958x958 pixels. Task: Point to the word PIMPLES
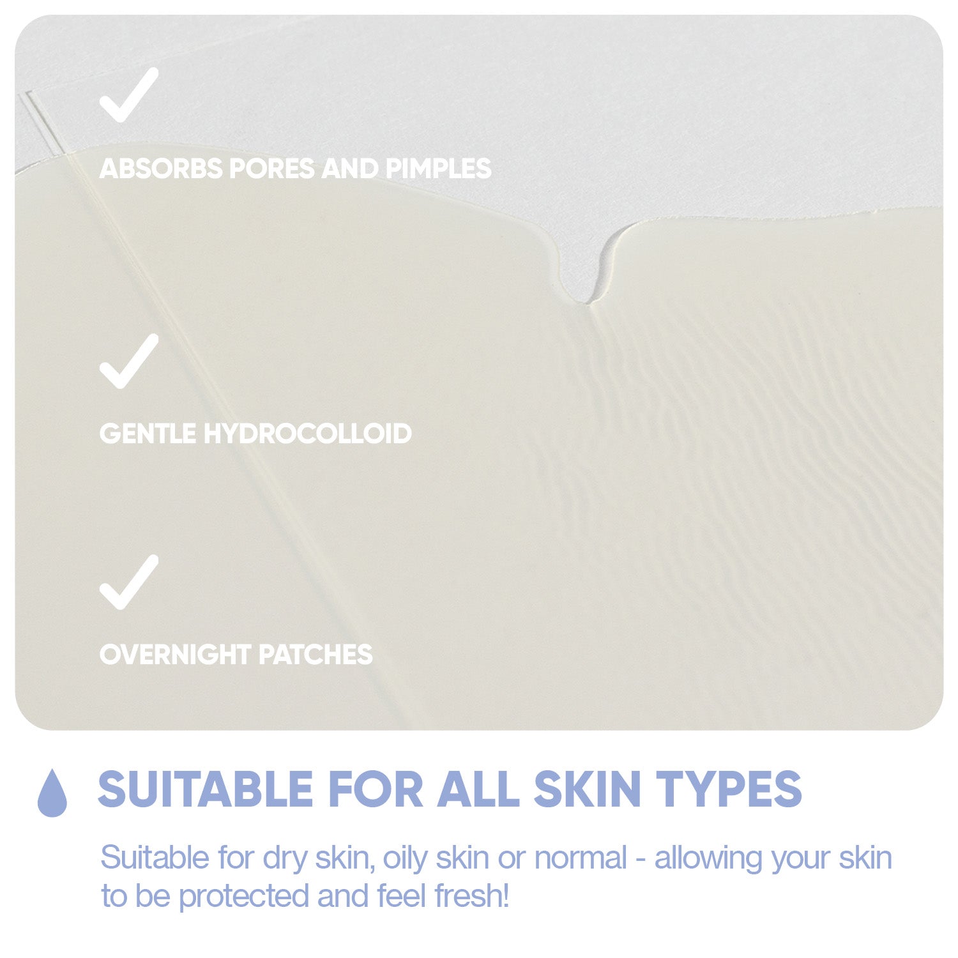438,169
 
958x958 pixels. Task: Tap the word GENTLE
148,434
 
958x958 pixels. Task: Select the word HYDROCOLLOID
307,434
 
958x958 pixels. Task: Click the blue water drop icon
52,792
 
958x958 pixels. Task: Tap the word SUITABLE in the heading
206,789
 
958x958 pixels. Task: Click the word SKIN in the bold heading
587,789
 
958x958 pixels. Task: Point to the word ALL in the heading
478,789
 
